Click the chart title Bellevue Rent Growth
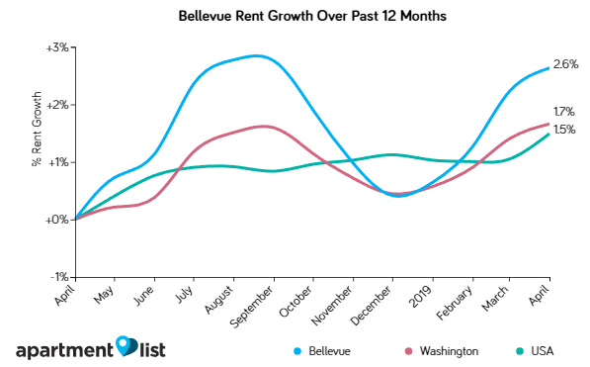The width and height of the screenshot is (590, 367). tap(295, 17)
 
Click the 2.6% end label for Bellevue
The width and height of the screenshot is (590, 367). tap(566, 63)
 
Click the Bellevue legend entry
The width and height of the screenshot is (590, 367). tap(324, 350)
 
